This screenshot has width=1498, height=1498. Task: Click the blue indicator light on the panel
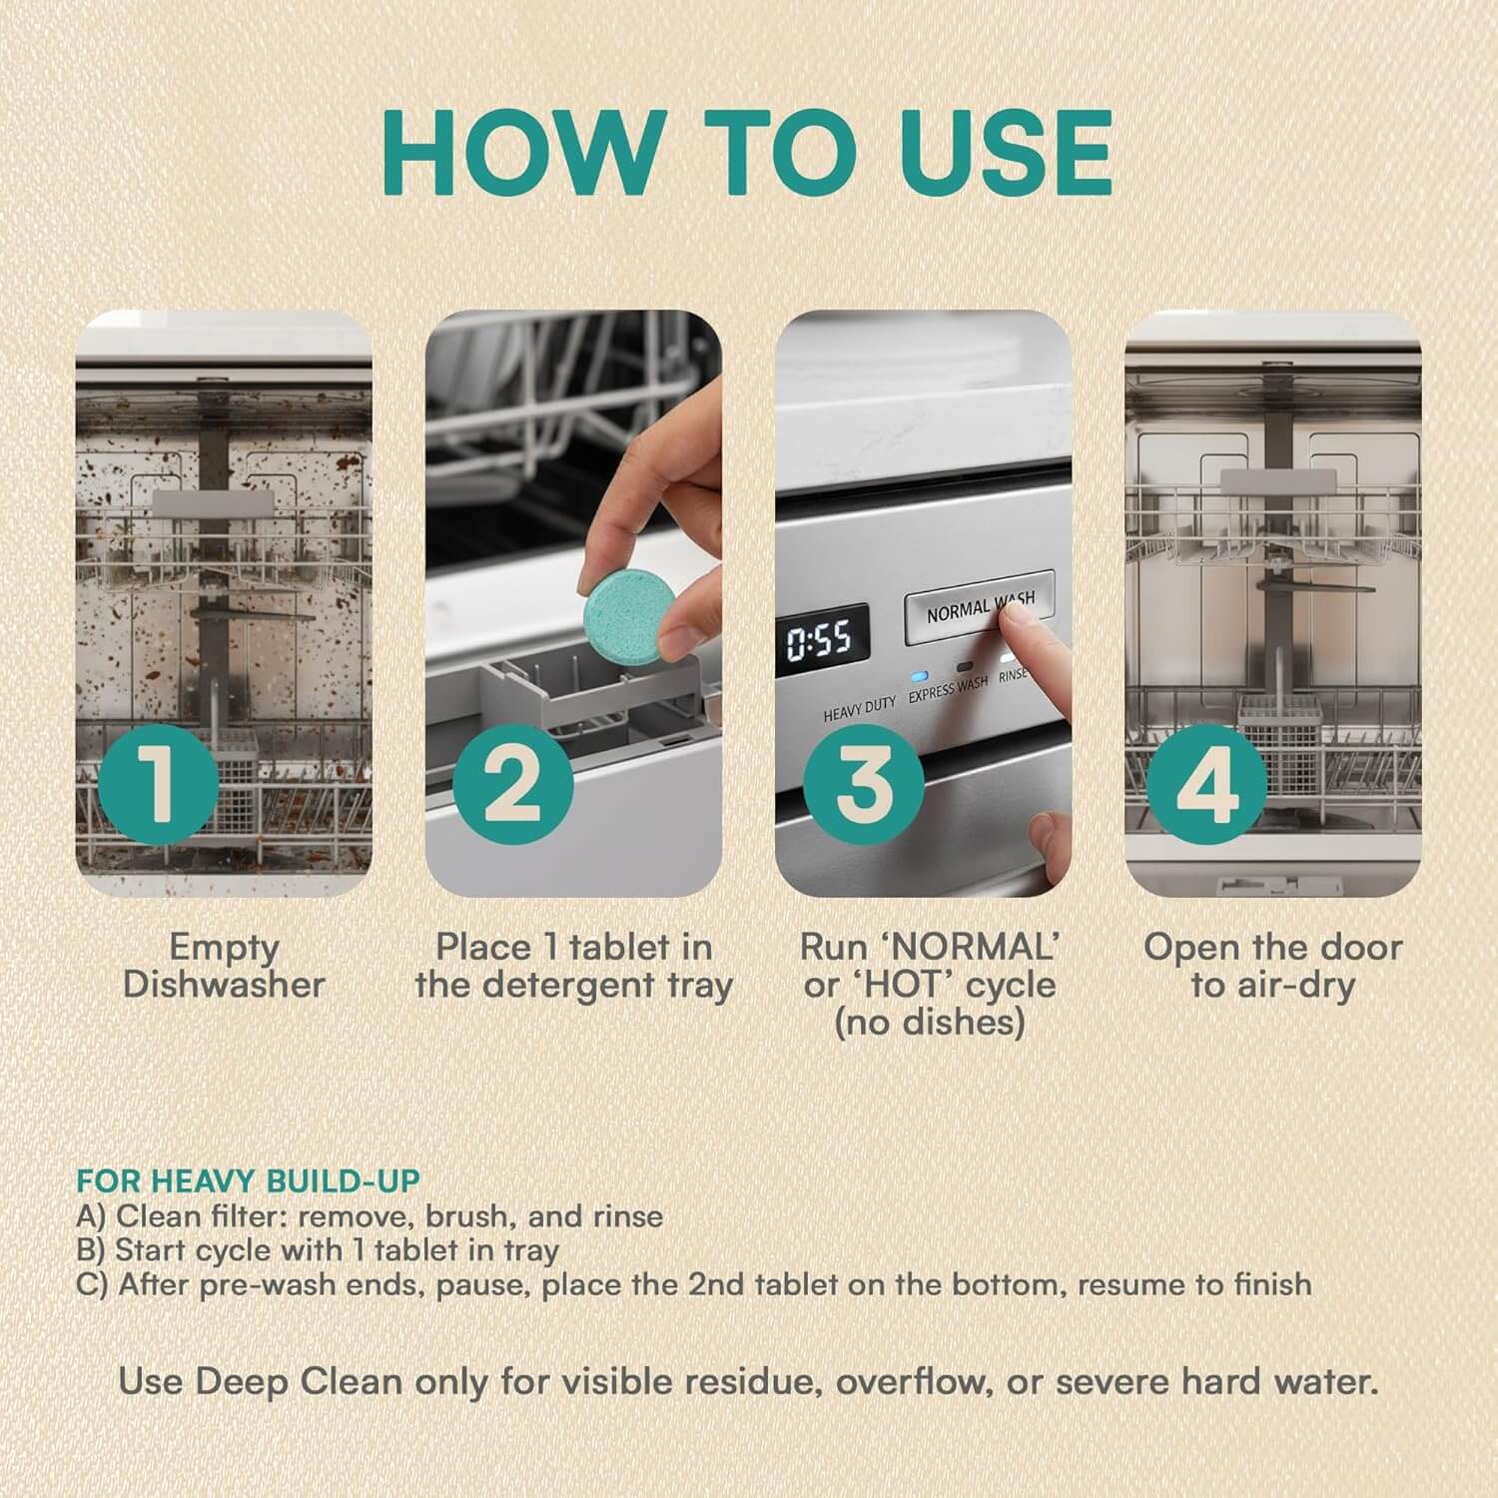point(918,676)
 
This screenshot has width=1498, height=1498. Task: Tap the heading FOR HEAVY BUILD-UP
point(249,1180)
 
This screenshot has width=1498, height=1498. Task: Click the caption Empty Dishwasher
point(224,966)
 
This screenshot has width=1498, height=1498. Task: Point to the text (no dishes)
point(929,1023)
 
